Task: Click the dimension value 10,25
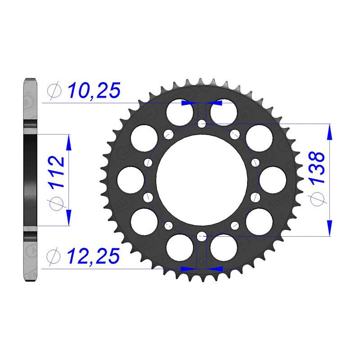tap(94, 91)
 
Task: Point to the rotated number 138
tap(317, 168)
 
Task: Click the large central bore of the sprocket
tap(202, 179)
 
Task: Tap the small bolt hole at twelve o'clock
tap(202, 123)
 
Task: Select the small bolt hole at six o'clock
tap(202, 234)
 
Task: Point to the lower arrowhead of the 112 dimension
tap(68, 215)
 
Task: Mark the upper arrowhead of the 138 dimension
tap(330, 133)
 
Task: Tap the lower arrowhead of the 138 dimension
tap(330, 226)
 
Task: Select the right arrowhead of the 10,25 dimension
tap(215, 103)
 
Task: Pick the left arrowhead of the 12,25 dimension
tap(188, 269)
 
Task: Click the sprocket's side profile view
tap(30, 180)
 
